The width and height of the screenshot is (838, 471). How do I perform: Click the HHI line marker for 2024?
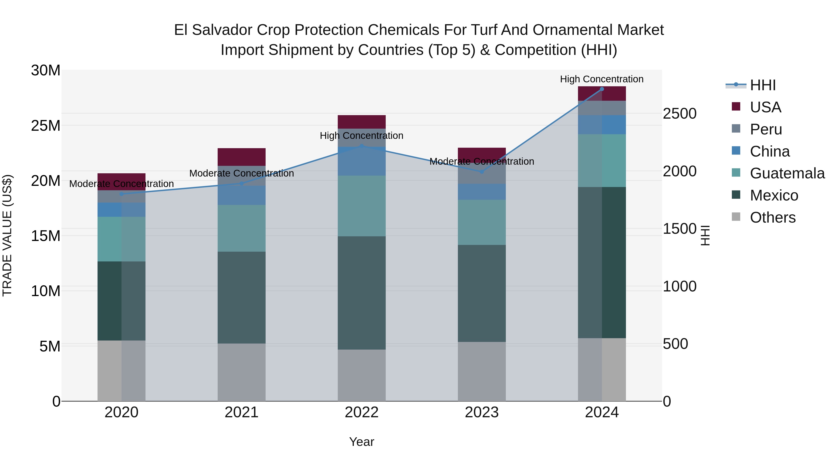click(x=601, y=89)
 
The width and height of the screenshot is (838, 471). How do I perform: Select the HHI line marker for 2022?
click(x=362, y=146)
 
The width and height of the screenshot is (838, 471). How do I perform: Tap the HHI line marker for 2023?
click(x=482, y=172)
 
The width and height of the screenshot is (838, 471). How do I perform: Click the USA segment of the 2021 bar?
click(x=241, y=157)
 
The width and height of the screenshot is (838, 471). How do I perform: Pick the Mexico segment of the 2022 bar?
click(x=362, y=293)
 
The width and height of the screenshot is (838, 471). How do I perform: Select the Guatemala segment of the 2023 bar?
click(x=482, y=222)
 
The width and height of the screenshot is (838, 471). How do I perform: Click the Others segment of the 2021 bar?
click(x=241, y=372)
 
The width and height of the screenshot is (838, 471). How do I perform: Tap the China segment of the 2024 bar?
click(x=601, y=124)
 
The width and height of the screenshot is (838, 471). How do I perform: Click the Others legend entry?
click(x=772, y=217)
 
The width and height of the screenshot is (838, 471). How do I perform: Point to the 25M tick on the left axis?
click(x=46, y=125)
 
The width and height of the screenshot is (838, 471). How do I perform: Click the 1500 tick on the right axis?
click(x=679, y=229)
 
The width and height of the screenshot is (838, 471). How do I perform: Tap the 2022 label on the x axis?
click(x=362, y=412)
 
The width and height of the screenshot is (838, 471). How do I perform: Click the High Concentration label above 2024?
click(x=601, y=79)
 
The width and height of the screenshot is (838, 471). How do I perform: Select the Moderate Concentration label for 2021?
click(x=241, y=173)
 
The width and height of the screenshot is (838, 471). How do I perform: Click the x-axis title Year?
click(x=362, y=442)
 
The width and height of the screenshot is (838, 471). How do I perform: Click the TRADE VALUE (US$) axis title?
click(x=7, y=235)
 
